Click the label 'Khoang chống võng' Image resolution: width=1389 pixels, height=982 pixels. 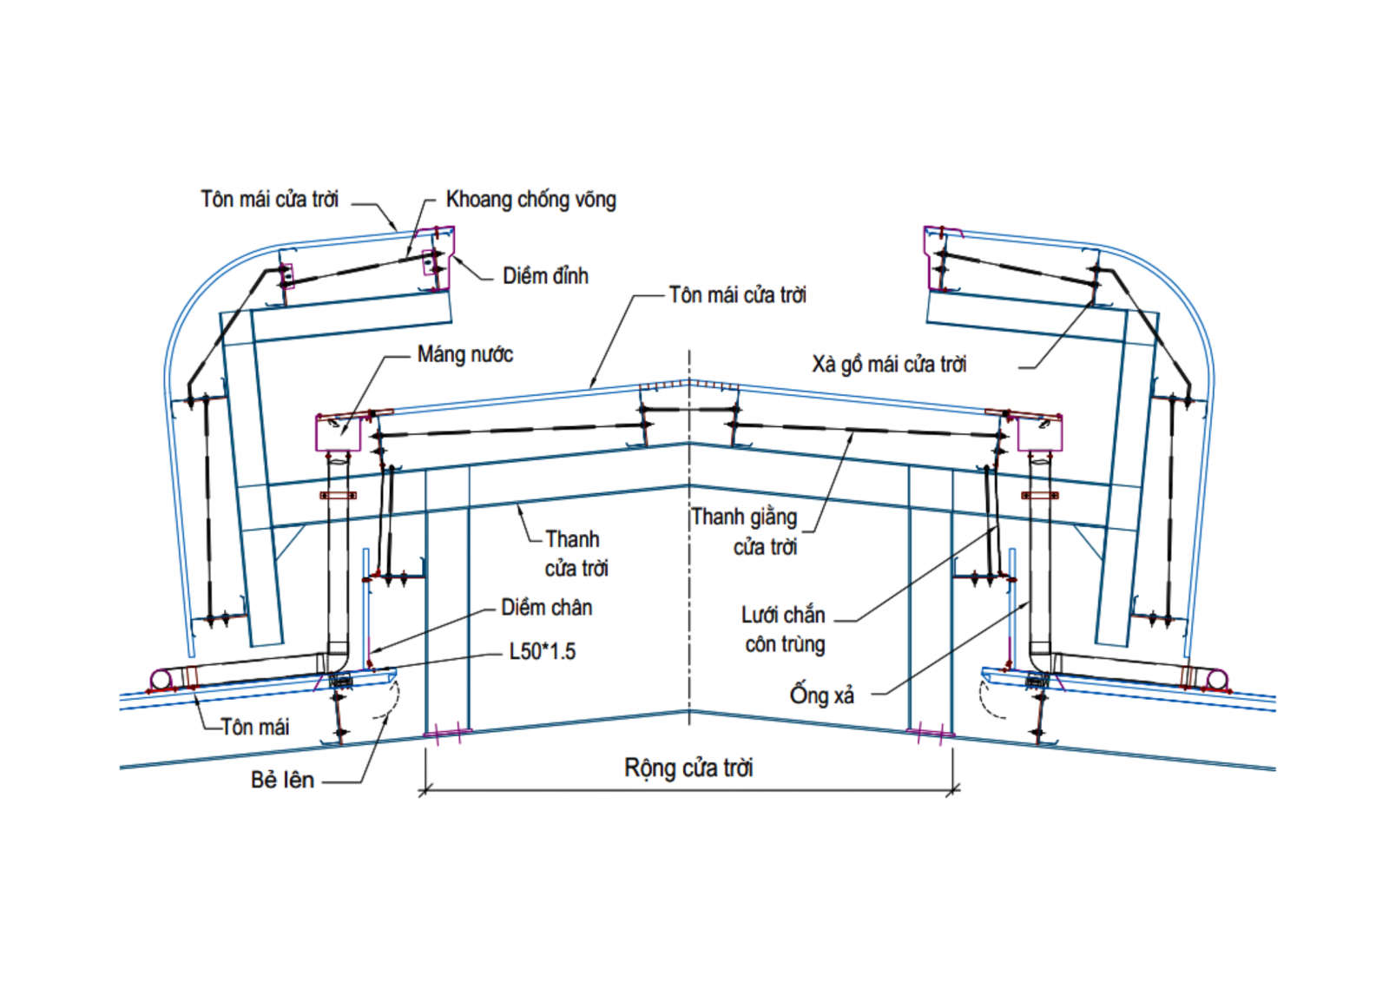coord(530,200)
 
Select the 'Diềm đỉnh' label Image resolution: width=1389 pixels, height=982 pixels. coord(545,276)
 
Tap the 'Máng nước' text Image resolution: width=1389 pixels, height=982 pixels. coord(464,354)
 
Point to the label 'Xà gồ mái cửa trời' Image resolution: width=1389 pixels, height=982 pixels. coord(889,364)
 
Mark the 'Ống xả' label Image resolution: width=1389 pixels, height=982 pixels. coord(821,695)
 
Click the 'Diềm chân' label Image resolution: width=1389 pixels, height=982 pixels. coord(546,608)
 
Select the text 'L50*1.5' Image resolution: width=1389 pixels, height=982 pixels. coord(542,651)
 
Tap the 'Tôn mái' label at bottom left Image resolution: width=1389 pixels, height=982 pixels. coord(254,727)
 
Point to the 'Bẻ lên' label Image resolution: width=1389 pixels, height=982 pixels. coord(282,780)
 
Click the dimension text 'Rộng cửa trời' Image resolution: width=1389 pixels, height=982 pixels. coord(688,768)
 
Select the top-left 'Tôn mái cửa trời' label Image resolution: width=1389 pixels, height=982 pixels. coord(269,200)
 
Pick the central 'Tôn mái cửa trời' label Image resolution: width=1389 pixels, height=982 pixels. coord(737,295)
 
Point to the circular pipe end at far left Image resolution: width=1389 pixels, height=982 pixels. coord(161,680)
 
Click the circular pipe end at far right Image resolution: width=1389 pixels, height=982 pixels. coord(1217,680)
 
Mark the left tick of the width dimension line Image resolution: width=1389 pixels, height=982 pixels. coord(425,790)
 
